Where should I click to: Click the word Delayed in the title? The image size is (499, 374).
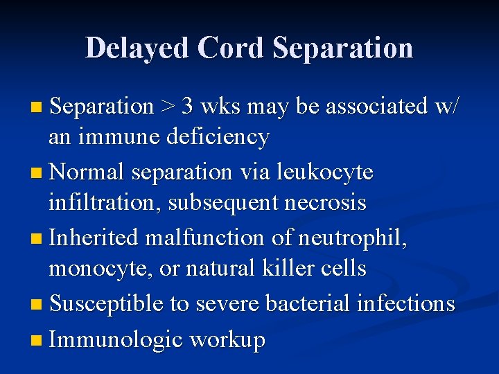coord(137,48)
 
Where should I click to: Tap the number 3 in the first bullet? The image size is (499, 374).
coord(188,107)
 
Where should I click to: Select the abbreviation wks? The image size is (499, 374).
coord(220,107)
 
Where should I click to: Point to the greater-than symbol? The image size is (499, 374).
coord(168,107)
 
